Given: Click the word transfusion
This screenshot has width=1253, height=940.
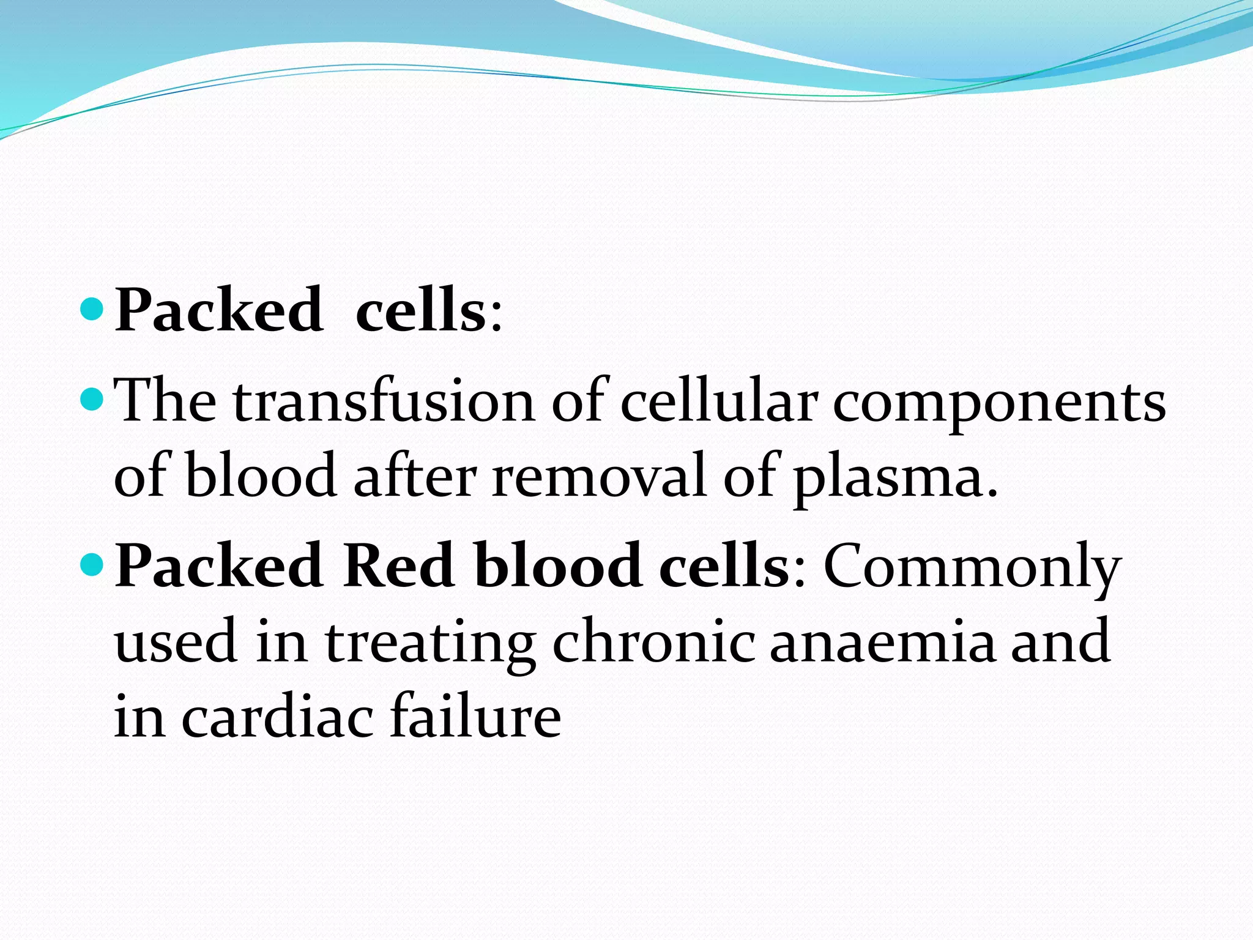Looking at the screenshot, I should [x=384, y=402].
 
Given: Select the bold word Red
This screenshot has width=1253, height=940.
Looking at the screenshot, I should [x=398, y=566].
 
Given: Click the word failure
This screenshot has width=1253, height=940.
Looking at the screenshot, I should [x=475, y=715].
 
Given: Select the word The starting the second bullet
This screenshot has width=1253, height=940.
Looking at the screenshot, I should [x=166, y=402].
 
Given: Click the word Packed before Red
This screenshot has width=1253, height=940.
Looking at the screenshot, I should [x=219, y=566].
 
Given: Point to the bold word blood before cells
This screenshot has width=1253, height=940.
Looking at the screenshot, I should [x=558, y=566].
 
